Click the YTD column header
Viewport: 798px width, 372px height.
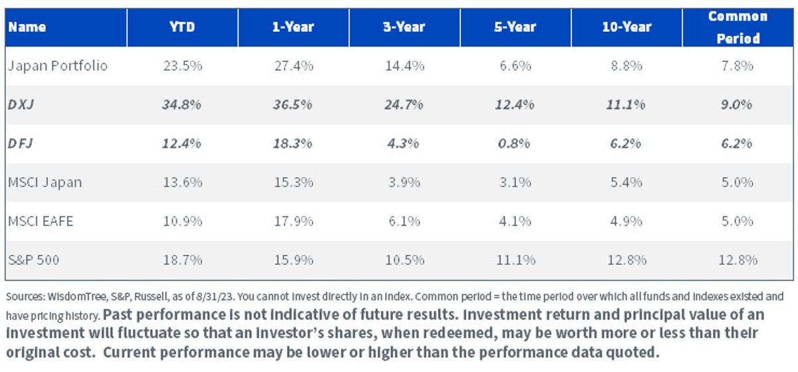click(182, 27)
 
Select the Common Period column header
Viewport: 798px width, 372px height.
click(737, 27)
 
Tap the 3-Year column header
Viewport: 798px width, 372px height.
click(404, 27)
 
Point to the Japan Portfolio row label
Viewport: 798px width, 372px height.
click(57, 66)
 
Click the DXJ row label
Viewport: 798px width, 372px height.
click(21, 104)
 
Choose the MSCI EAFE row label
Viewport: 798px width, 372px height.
click(41, 221)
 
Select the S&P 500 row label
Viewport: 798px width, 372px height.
click(33, 260)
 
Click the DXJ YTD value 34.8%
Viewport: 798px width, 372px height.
click(182, 104)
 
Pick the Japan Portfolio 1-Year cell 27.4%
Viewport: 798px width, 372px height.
click(293, 66)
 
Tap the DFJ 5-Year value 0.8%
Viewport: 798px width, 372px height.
click(514, 143)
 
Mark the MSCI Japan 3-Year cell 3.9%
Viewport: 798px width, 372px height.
click(404, 182)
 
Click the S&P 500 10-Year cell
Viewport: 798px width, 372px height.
click(626, 260)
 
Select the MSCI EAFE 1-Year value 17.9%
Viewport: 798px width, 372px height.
click(293, 221)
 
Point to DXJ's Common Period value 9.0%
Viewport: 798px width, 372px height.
click(736, 104)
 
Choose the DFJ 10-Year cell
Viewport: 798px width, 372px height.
click(625, 143)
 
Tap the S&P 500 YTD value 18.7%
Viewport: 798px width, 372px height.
click(182, 260)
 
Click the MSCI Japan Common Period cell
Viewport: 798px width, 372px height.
click(737, 182)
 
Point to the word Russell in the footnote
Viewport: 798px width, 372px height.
click(151, 297)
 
